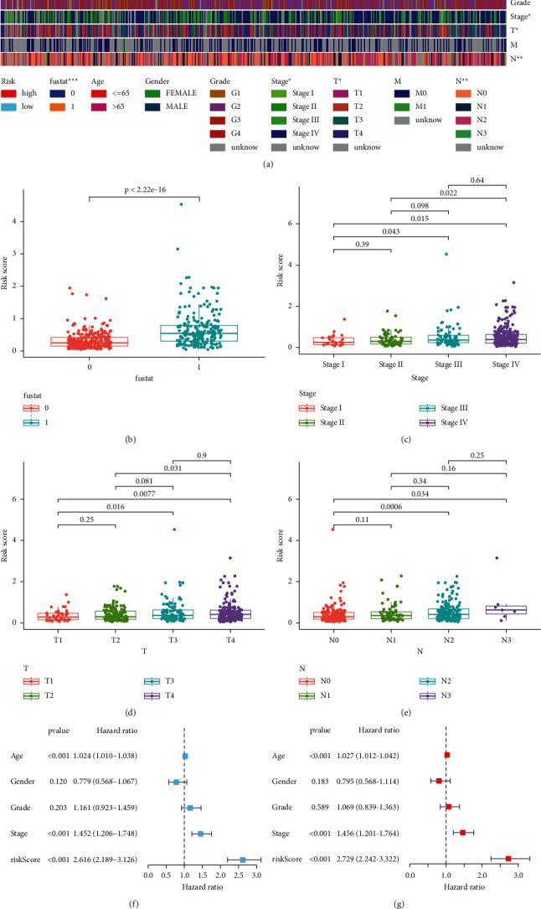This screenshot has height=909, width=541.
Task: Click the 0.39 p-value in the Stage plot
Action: click(362, 242)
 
